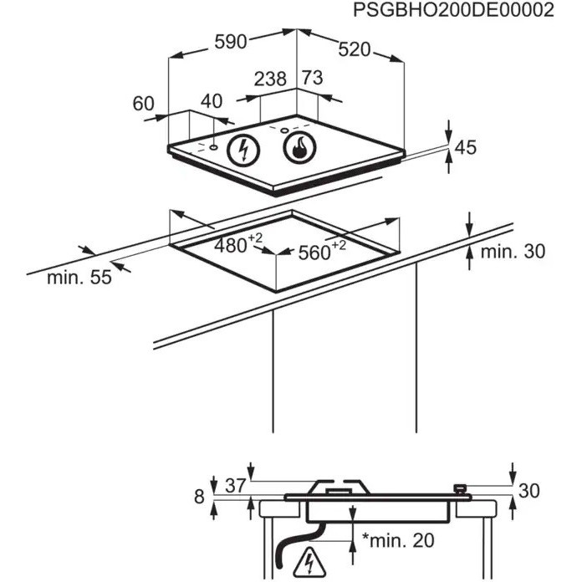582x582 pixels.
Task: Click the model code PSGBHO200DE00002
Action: [453, 10]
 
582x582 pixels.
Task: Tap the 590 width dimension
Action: [231, 42]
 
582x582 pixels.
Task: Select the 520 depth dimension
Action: [354, 49]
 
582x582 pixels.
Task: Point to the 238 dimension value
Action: [270, 79]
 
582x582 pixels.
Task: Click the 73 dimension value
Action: [312, 78]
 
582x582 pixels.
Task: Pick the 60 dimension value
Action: [143, 104]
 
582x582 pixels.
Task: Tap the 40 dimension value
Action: [212, 101]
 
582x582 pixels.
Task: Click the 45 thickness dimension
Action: [465, 147]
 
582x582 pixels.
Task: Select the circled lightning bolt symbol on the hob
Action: [243, 150]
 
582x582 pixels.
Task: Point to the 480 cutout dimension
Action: [237, 244]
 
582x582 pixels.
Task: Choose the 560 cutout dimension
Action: [322, 251]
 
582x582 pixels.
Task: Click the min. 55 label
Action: [79, 278]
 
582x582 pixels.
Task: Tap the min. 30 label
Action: [513, 252]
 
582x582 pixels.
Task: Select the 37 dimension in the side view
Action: [235, 485]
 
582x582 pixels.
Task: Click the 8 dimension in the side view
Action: [199, 496]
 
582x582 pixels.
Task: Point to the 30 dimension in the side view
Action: [529, 491]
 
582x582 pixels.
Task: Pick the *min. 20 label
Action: [398, 540]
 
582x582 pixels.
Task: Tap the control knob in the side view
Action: [461, 489]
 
